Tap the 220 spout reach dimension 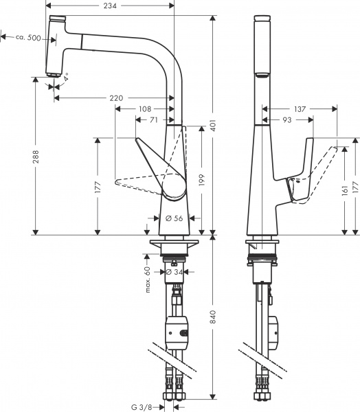coord(116,98)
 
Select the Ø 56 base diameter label coord(173,218)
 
